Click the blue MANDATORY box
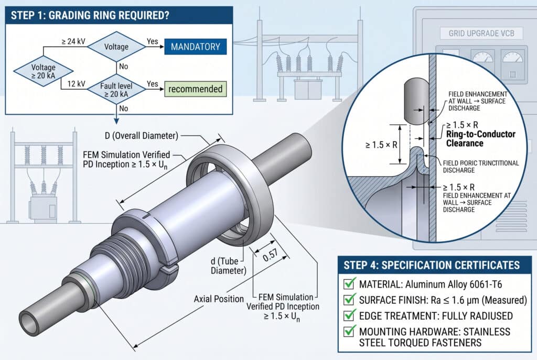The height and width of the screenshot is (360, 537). tap(196, 47)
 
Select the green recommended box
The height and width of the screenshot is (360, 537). tap(196, 89)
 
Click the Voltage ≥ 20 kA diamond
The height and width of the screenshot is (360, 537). tap(36, 72)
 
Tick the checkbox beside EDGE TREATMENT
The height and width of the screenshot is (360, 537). tap(349, 316)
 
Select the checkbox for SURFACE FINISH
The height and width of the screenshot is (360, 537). tap(349, 300)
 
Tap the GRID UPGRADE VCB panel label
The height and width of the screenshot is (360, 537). tap(475, 34)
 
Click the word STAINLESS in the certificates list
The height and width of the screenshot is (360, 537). tap(486, 332)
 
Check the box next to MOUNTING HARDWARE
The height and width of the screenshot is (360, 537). tap(349, 332)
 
